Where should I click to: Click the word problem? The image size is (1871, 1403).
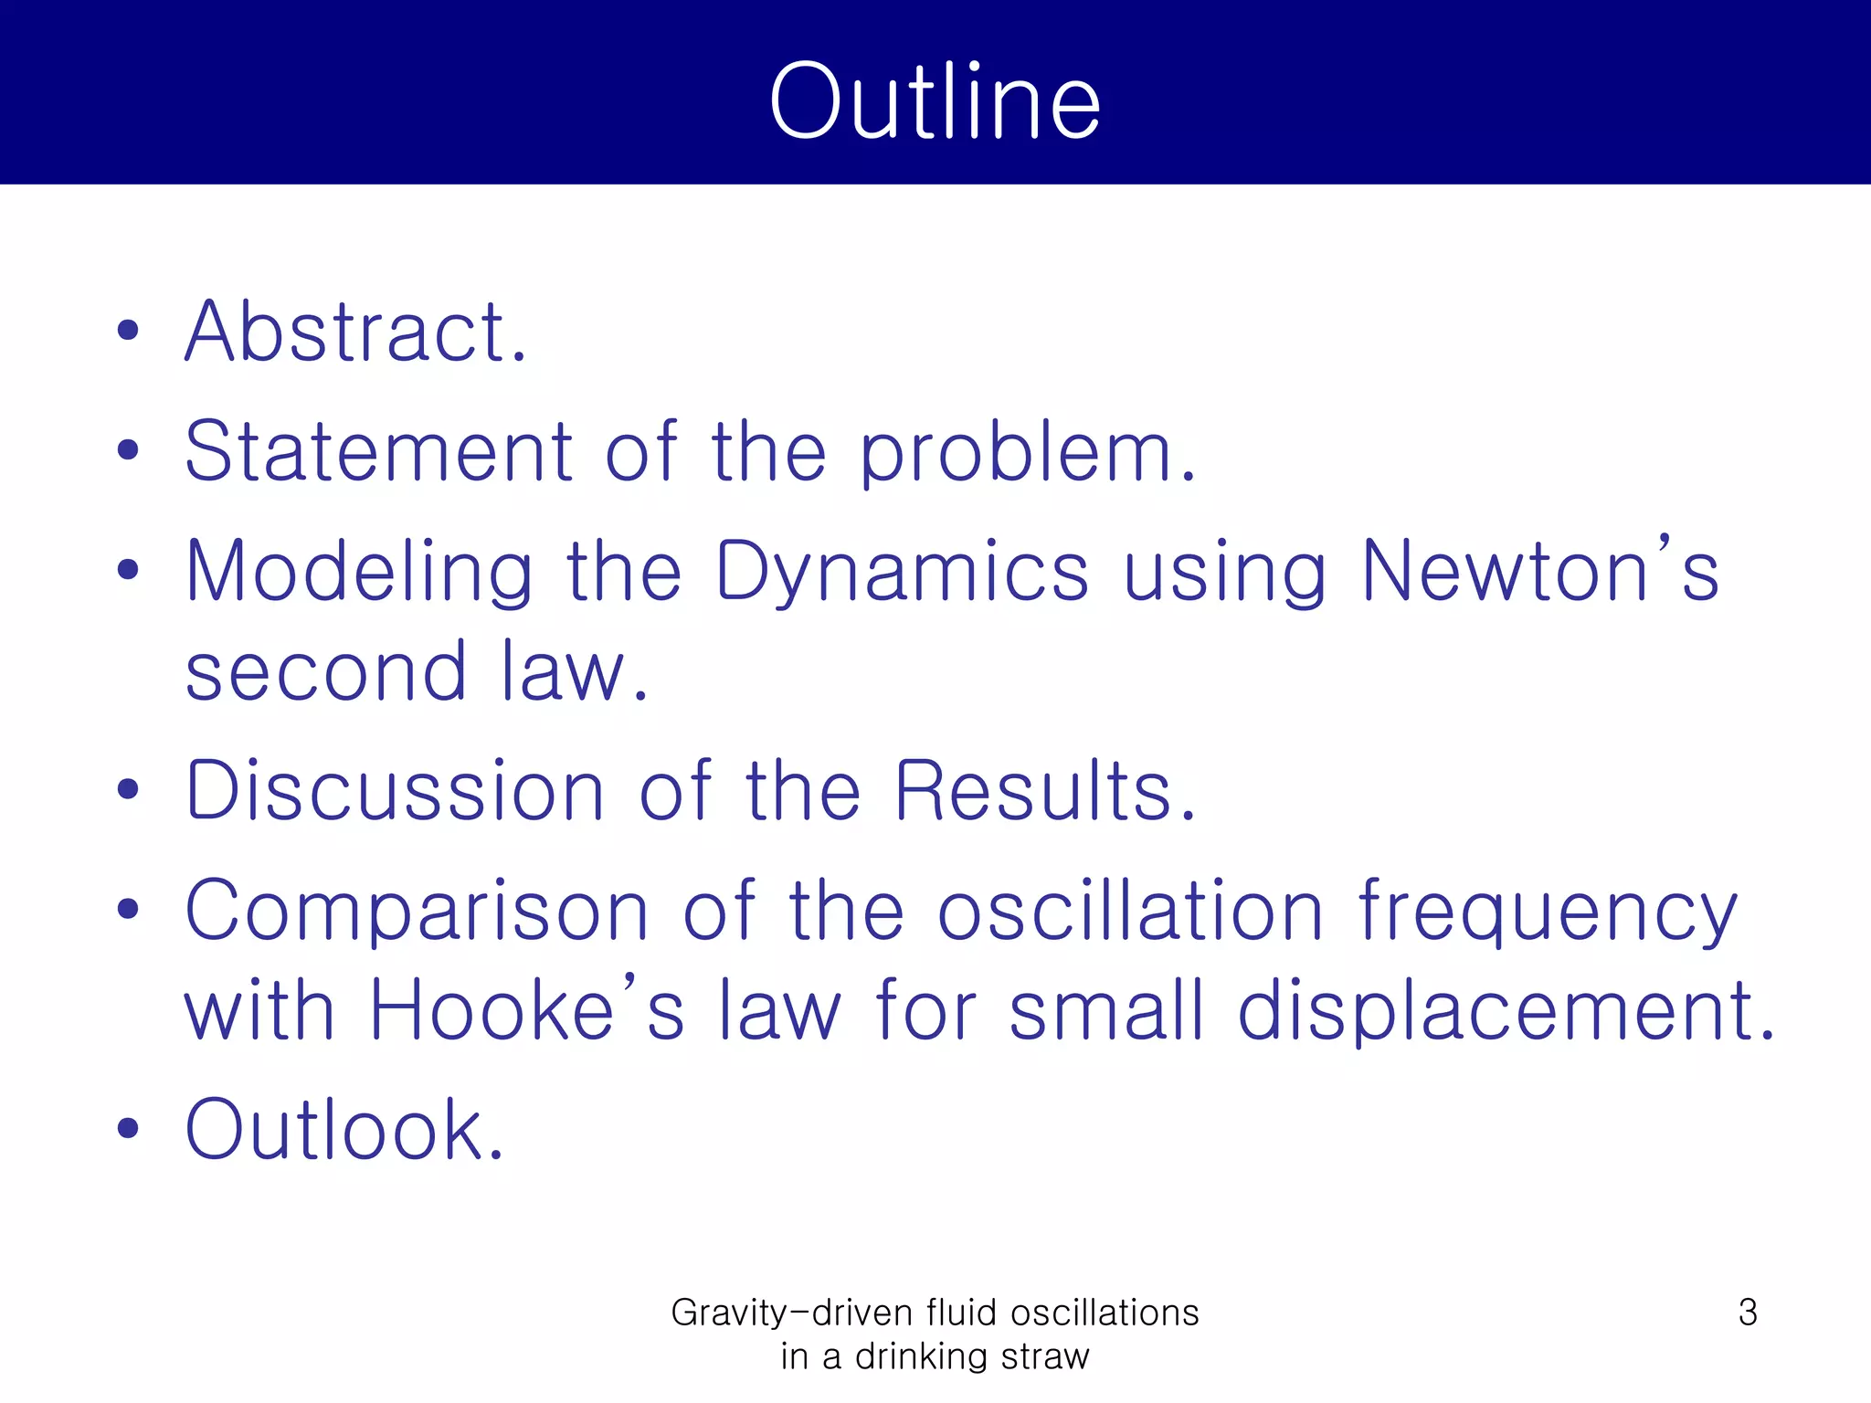[1027, 453]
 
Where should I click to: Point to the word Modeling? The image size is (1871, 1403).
[359, 573]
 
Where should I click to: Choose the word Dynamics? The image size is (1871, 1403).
[903, 573]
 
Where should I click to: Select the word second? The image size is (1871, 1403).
[326, 672]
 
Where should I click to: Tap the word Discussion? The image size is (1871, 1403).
[395, 790]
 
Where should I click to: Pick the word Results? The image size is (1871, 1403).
[1044, 790]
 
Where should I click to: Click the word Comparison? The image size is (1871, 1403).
[418, 911]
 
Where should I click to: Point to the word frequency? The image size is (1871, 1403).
[1548, 912]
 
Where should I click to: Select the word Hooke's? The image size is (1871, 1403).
[526, 1010]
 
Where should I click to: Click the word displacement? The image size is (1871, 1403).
[1506, 1012]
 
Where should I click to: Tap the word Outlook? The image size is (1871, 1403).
[344, 1131]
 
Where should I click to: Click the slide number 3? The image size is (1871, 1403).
[1747, 1313]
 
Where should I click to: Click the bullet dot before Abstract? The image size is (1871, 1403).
[128, 331]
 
